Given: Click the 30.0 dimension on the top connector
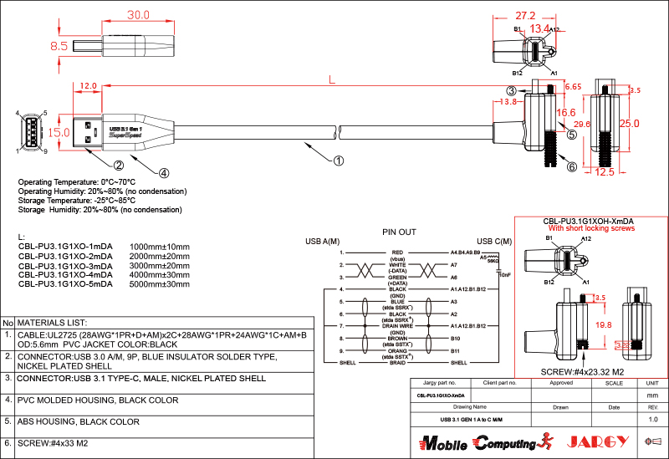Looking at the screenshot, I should tap(138, 15).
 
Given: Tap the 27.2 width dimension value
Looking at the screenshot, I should tap(525, 15).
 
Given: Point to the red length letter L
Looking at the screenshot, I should tap(332, 80).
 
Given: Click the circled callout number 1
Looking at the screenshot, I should tap(338, 160).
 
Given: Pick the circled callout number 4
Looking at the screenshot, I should tap(164, 173).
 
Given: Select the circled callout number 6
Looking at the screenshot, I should tap(571, 166).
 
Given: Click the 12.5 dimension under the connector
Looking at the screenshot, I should tap(605, 172).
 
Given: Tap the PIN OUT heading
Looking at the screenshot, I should tap(399, 231).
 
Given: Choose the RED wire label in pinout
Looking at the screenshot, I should tap(397, 252).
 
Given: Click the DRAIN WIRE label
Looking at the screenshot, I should tap(397, 325).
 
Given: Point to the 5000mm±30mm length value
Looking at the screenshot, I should tap(160, 284).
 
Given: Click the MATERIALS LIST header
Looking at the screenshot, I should tap(53, 322).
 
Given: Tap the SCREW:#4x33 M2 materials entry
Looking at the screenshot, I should tap(54, 443).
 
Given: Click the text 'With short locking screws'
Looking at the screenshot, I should tap(591, 227).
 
